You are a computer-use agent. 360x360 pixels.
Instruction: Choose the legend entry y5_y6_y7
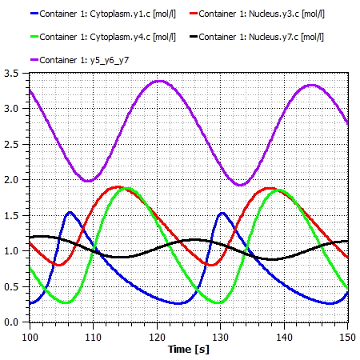coord(80,60)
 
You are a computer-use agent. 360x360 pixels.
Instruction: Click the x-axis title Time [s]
coord(189,350)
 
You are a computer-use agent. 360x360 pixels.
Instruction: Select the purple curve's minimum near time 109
coord(88,181)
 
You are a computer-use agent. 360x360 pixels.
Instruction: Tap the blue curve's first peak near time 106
coord(70,212)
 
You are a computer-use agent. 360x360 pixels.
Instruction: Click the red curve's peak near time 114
coord(118,186)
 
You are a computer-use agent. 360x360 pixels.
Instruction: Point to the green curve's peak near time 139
coord(278,190)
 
